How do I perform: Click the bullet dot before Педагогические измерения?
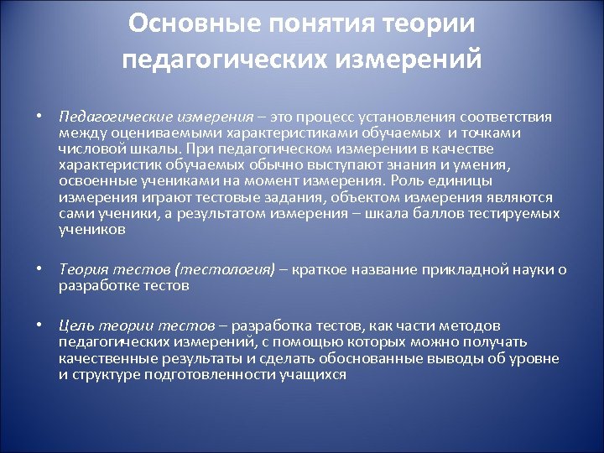39,117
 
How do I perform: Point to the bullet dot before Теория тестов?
39,270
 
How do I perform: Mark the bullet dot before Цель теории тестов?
39,325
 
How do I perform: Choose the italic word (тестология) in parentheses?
224,270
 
